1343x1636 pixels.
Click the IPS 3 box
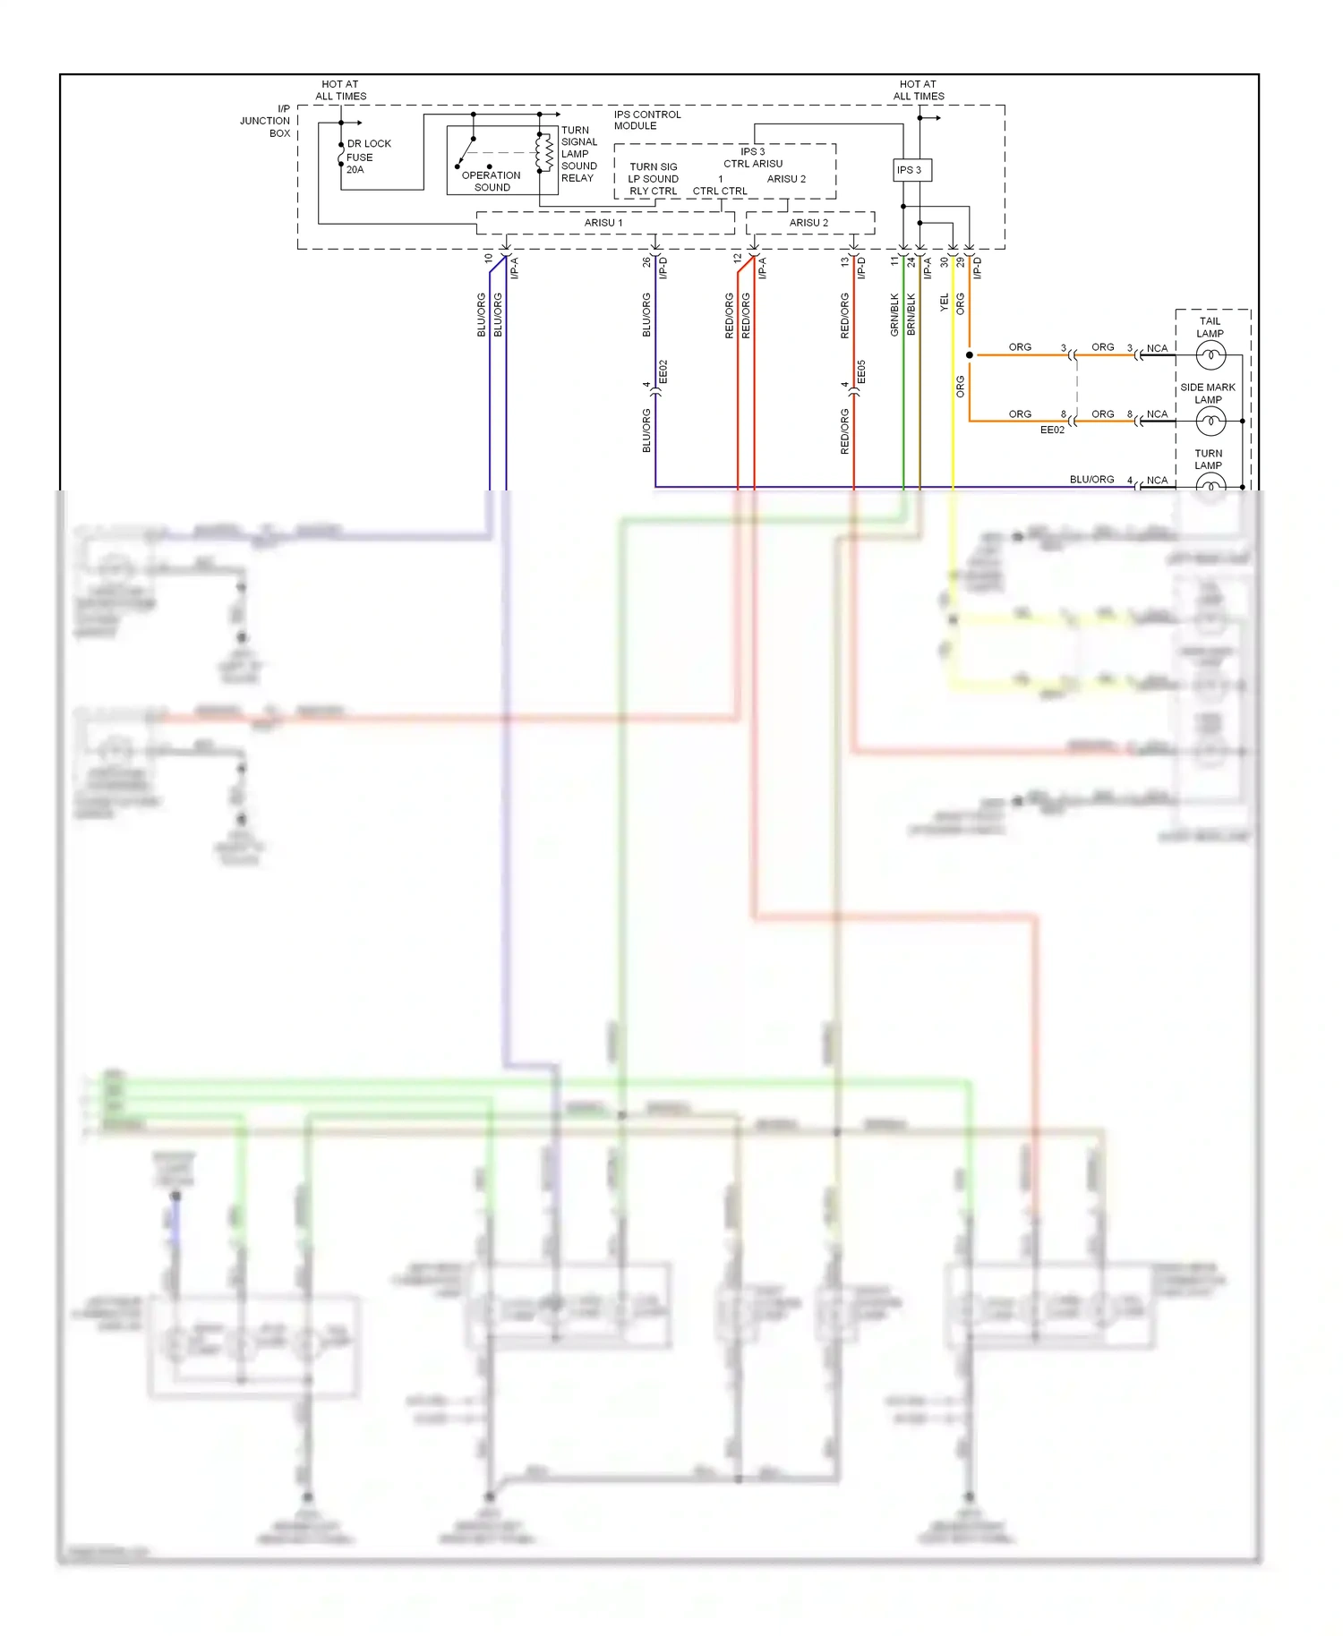click(911, 170)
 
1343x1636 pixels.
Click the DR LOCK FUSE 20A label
click(367, 157)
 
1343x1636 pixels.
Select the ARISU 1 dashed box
click(604, 223)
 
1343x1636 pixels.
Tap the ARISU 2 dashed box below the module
click(809, 223)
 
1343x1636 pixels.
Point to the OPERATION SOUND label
click(491, 181)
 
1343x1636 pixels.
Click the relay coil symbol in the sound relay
click(543, 152)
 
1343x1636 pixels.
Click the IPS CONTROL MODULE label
click(646, 120)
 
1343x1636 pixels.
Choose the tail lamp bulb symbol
click(1210, 356)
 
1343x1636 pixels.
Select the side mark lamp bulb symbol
click(1210, 421)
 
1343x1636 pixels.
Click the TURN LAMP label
click(1208, 459)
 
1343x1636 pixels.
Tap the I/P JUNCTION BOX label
click(266, 121)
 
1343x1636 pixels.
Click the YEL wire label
click(944, 302)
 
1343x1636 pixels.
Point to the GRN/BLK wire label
click(894, 315)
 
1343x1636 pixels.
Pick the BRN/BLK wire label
click(911, 315)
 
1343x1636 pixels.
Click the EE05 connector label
click(861, 372)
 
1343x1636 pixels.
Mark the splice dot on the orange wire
click(970, 355)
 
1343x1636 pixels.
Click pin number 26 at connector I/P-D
click(646, 262)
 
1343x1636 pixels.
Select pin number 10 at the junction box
click(488, 259)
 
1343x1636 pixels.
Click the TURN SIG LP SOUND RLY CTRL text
click(653, 179)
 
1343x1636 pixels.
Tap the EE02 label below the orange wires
click(1052, 430)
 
